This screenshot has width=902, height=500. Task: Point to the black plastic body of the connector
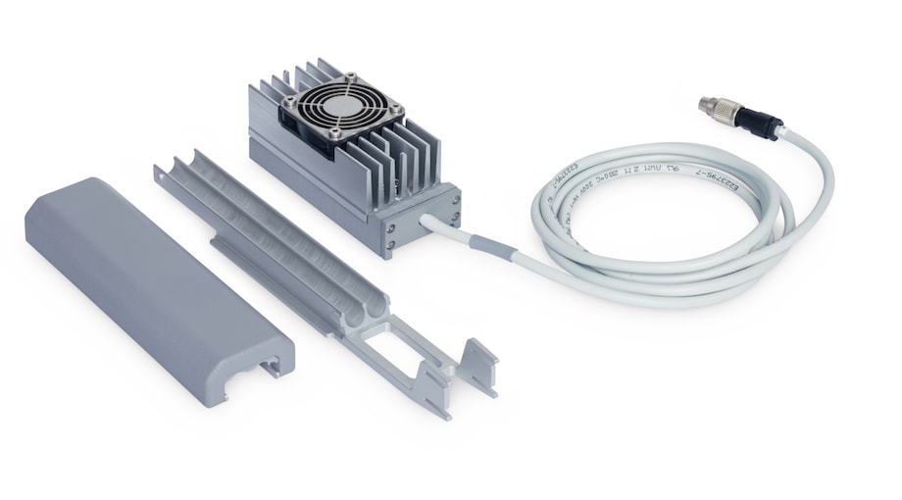757,123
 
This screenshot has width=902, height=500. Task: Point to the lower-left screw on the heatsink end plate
390,245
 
